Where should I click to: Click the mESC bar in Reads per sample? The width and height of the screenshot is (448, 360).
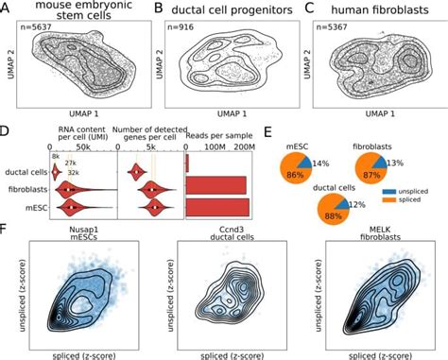(216, 205)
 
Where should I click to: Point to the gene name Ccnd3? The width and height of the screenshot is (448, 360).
(223, 229)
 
